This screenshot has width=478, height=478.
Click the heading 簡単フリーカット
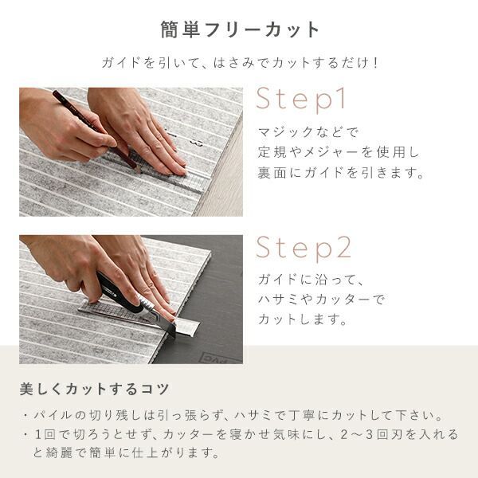click(x=240, y=30)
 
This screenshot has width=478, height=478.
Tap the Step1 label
click(x=301, y=99)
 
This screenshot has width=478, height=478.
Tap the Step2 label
click(x=304, y=248)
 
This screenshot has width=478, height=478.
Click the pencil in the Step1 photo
click(x=96, y=129)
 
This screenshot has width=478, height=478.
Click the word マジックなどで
click(x=308, y=131)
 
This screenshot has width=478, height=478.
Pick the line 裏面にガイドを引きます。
click(x=341, y=172)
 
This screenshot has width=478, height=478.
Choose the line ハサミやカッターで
click(x=322, y=299)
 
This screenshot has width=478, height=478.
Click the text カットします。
click(x=302, y=319)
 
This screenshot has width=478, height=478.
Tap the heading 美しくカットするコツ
click(x=94, y=389)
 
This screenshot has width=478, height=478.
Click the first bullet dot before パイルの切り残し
click(x=25, y=416)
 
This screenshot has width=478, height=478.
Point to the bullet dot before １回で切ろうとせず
click(x=25, y=434)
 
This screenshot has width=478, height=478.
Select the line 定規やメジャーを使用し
click(x=339, y=152)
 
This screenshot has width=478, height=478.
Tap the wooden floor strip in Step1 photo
click(x=223, y=170)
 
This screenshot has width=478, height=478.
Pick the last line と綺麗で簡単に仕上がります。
click(x=126, y=453)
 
